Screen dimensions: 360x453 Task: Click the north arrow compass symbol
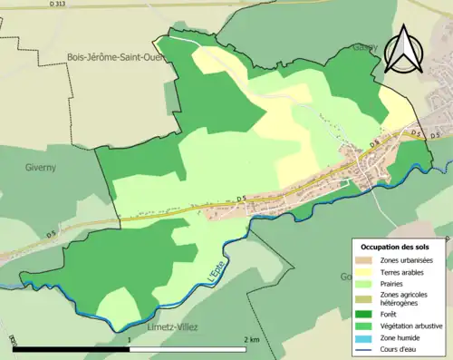pos(401,49)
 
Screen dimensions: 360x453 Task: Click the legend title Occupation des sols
pos(397,247)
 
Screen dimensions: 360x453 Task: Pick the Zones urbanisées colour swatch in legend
pos(367,261)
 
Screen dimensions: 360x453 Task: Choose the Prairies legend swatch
pos(367,284)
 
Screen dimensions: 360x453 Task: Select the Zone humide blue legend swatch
pos(367,337)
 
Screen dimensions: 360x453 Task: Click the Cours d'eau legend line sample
pos(367,348)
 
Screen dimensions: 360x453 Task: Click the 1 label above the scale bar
pos(130,340)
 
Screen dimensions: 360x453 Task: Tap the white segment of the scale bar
pos(188,350)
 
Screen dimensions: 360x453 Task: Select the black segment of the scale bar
pos(72,350)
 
